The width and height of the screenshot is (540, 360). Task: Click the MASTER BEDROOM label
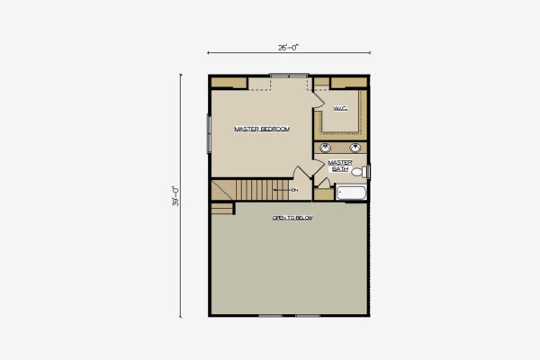[262, 130]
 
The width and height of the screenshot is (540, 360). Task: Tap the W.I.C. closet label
[339, 109]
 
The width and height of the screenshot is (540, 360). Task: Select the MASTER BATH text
[339, 166]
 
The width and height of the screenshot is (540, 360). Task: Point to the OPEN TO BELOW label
[292, 219]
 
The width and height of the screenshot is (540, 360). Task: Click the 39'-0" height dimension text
[177, 194]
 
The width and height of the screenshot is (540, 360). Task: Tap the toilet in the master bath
[357, 171]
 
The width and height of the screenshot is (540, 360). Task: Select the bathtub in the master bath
[350, 193]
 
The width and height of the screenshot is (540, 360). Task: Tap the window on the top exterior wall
[289, 76]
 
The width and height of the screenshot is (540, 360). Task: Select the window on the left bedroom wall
[209, 132]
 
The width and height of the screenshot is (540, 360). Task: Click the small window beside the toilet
[368, 171]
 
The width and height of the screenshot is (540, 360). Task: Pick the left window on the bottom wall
[271, 315]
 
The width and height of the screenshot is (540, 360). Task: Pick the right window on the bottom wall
[308, 315]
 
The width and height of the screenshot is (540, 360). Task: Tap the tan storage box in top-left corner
[229, 83]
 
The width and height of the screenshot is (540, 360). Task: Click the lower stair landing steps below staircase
[222, 208]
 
